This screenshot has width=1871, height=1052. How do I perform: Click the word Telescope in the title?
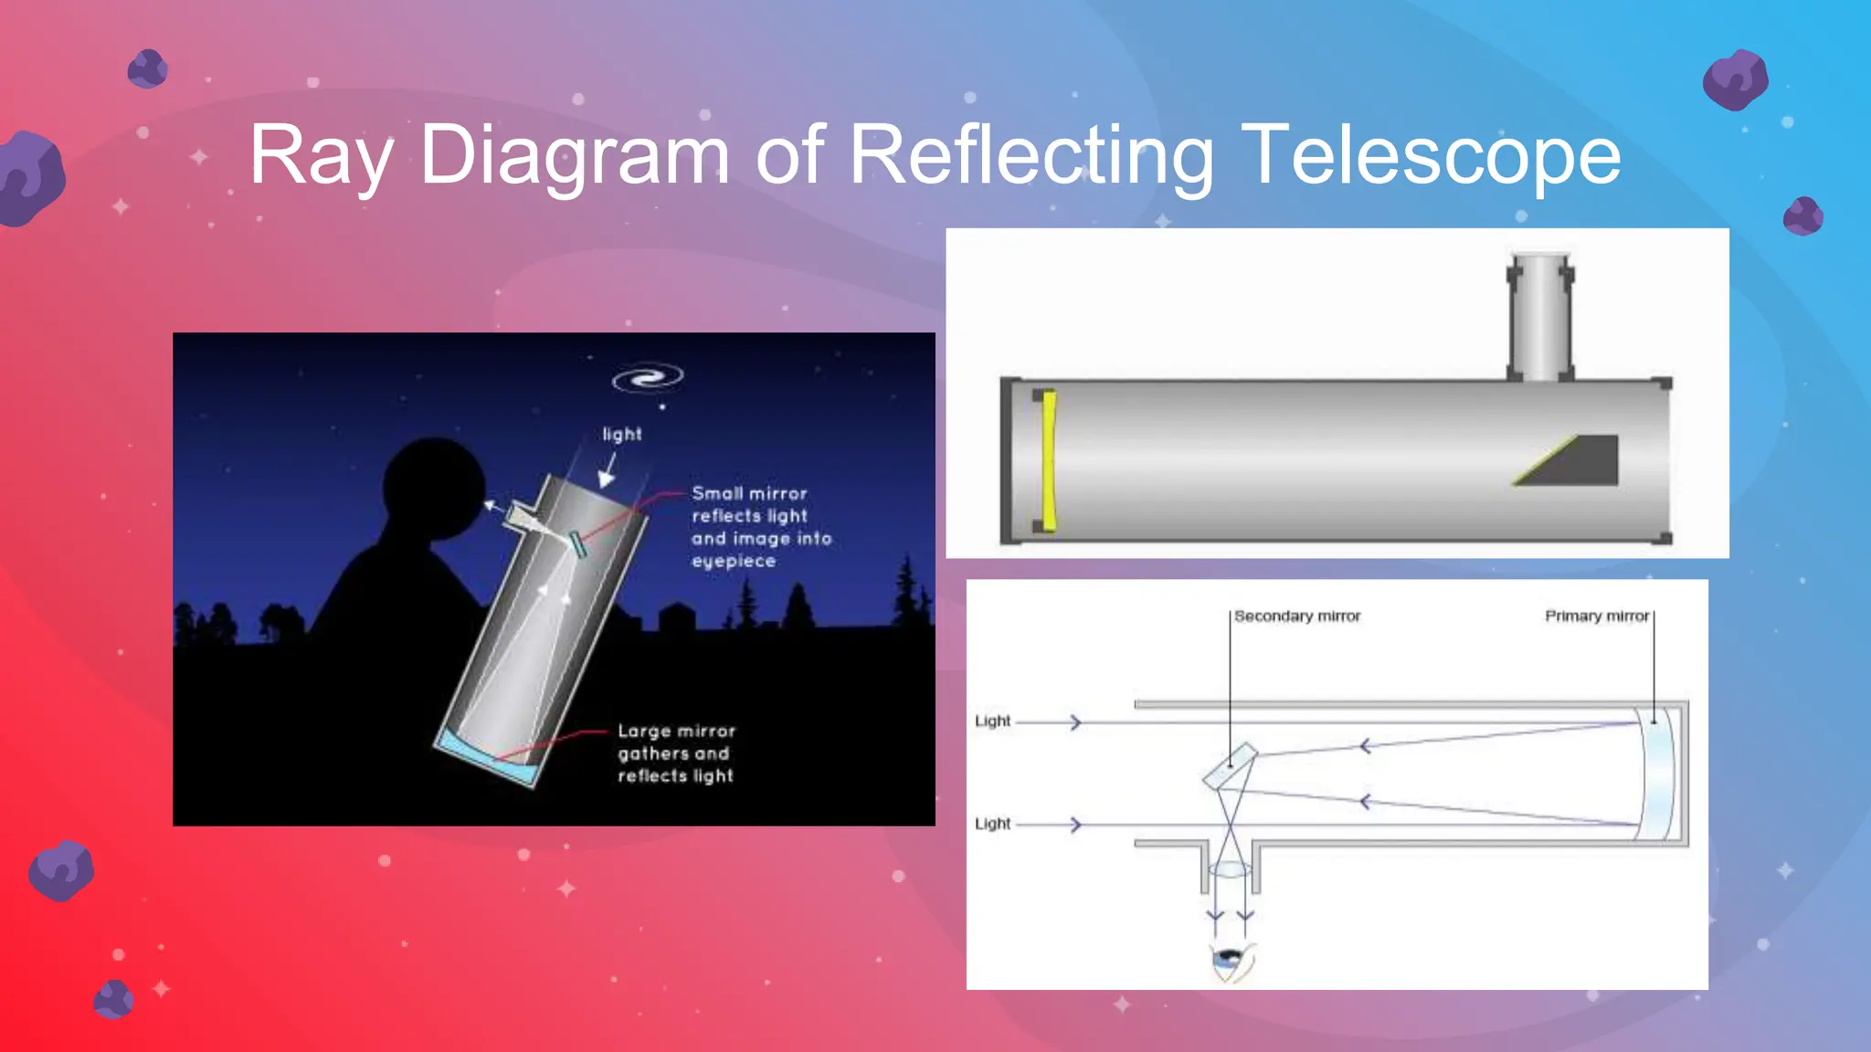pos(1430,155)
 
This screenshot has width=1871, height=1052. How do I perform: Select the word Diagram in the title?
pos(574,155)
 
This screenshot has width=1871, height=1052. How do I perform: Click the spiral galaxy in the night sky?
pos(648,378)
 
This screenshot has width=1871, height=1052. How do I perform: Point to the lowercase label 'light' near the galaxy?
pos(621,434)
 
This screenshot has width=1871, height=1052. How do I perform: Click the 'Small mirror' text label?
pos(749,493)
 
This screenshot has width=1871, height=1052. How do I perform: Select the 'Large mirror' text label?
pos(676,731)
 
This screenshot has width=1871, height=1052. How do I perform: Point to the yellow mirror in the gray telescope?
pos(1049,461)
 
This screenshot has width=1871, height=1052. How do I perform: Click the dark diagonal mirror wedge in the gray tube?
pos(1576,462)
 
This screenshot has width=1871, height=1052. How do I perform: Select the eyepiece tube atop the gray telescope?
pos(1540,315)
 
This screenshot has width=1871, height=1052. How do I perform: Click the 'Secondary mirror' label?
pos(1297,616)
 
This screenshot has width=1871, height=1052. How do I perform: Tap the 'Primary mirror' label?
pos(1597,616)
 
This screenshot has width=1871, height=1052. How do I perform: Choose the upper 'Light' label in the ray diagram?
pos(993,721)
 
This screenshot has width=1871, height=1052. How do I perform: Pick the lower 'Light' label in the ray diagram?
pos(993,824)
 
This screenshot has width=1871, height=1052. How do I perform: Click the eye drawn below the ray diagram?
pos(1230,961)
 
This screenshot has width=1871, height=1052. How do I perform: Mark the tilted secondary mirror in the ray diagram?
pos(1231,765)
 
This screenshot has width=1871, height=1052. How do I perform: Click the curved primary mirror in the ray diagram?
pos(1657,773)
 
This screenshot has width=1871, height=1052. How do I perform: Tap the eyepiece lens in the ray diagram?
pos(1230,869)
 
